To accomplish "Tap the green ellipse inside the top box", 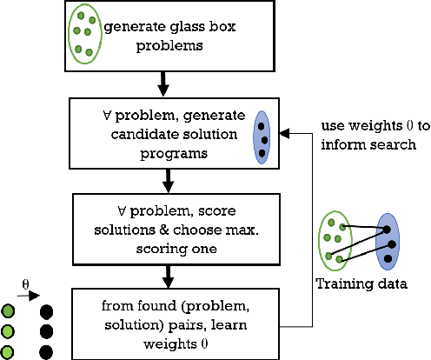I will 84,36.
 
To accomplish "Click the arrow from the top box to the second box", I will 162,84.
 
